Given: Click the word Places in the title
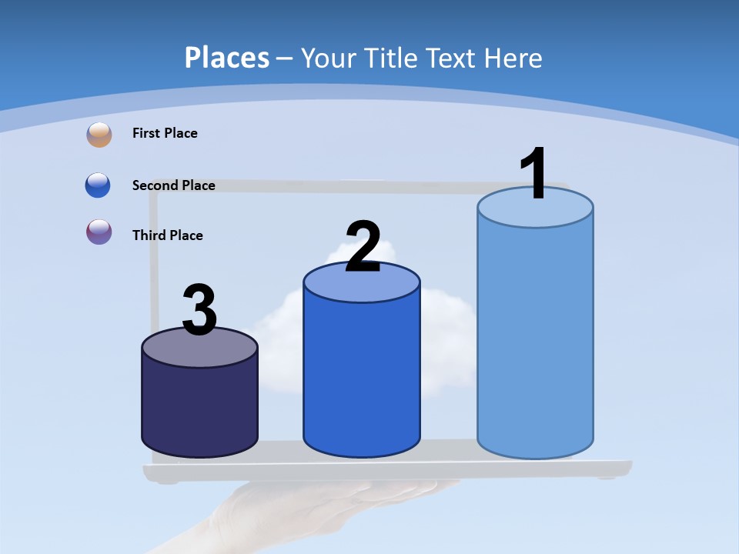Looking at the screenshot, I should click(x=227, y=58).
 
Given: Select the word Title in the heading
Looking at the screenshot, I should click(x=390, y=58).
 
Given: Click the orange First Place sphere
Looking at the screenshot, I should click(x=99, y=134).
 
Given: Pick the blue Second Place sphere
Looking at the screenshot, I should click(x=99, y=185).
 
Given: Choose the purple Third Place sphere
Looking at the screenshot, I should click(x=99, y=232).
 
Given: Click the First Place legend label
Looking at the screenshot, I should click(x=165, y=133).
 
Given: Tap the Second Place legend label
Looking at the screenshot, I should click(x=173, y=185).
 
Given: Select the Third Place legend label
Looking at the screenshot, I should click(x=167, y=235).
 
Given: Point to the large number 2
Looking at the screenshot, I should click(x=363, y=247).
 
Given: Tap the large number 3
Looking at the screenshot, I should click(x=199, y=311).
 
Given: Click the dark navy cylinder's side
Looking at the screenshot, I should click(x=199, y=408).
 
